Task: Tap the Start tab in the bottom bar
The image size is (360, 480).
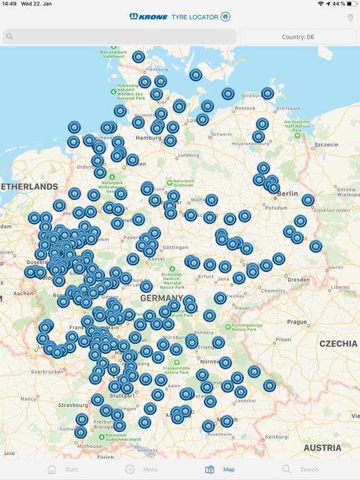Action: [62, 469]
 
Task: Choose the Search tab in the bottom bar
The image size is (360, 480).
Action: [300, 469]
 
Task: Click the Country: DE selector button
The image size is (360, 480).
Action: [298, 37]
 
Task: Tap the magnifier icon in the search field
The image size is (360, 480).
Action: [9, 37]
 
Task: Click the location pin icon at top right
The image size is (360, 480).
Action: [351, 17]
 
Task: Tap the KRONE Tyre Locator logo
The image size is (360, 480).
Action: [180, 17]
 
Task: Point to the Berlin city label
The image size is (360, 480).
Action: [287, 194]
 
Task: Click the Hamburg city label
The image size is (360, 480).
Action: [149, 137]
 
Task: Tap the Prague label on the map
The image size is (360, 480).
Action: [297, 322]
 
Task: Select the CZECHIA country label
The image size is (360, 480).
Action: [338, 344]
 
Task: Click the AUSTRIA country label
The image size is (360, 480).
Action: [322, 447]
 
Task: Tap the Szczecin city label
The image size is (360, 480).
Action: [326, 144]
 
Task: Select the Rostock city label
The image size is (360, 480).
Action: [244, 108]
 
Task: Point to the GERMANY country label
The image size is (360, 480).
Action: [161, 299]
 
